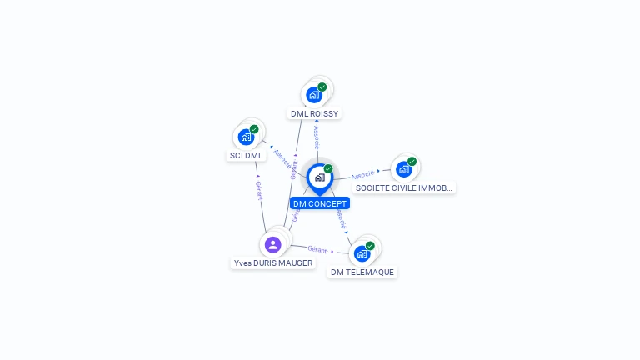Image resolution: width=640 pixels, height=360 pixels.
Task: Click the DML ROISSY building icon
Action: [314, 94]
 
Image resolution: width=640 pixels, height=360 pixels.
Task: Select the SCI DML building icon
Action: [246, 137]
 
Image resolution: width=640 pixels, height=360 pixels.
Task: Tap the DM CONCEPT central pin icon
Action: [319, 177]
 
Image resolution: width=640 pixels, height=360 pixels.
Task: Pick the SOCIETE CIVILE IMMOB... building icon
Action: [404, 169]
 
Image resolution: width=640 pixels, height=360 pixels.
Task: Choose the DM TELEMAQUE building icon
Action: [362, 253]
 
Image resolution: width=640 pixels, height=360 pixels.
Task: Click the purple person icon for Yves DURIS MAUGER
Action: [272, 244]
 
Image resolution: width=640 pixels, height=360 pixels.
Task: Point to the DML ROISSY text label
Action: [315, 113]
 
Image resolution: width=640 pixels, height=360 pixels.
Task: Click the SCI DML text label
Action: [246, 156]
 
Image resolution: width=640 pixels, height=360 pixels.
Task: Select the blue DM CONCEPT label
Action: [320, 203]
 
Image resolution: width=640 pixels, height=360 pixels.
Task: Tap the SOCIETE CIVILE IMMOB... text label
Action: [404, 188]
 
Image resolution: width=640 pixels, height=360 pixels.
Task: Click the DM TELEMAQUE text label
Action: [362, 272]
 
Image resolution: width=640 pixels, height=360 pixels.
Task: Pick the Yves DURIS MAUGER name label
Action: [273, 263]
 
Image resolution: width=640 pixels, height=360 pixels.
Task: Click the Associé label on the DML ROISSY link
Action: [317, 137]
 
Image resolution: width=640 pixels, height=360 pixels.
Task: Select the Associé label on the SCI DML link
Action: [282, 158]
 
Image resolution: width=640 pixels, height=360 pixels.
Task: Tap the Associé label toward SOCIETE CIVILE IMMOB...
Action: [362, 175]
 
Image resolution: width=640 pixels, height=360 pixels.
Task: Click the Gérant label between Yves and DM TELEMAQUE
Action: [317, 249]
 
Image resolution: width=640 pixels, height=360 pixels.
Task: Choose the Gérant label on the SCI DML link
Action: [258, 190]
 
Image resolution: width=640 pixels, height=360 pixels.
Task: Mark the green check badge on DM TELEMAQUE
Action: [370, 246]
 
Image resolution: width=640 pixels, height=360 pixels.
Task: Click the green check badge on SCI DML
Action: [254, 129]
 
